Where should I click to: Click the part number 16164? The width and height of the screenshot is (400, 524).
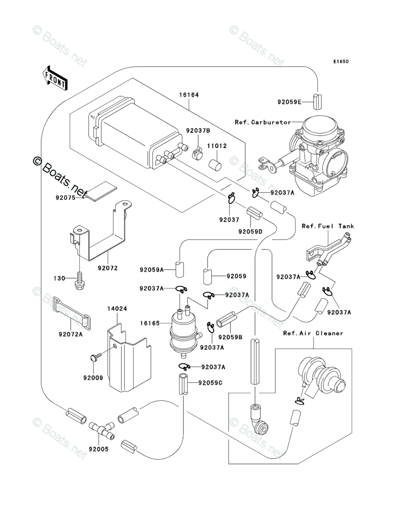tap(189, 95)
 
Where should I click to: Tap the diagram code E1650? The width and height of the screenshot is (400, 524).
tap(340, 61)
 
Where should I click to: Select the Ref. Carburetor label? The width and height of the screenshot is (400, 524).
tap(263, 122)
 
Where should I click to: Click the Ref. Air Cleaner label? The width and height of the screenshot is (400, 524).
tap(313, 333)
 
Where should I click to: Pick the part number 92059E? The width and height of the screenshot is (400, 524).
tap(289, 102)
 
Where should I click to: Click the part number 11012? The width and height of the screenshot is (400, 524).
tap(217, 146)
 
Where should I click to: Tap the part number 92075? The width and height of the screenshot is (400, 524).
tap(65, 198)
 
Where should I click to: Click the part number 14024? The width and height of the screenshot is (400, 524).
tap(117, 309)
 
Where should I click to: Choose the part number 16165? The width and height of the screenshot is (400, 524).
tap(150, 323)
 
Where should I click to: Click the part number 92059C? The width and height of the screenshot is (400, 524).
tap(210, 383)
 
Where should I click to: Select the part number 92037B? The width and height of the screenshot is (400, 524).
tap(198, 130)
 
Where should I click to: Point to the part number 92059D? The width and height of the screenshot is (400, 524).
tap(251, 231)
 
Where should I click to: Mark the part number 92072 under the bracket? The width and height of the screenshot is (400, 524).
tap(108, 268)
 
